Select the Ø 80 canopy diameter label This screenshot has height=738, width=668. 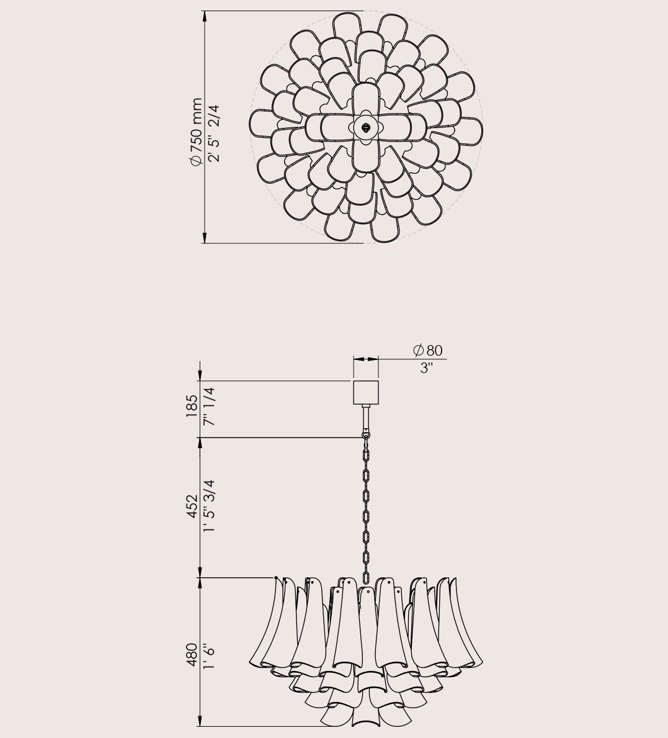point(427,350)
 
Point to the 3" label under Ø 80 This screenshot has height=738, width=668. point(426,368)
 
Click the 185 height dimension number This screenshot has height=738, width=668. point(192,406)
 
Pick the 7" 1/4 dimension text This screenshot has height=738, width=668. point(209,406)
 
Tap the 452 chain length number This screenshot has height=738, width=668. point(192,506)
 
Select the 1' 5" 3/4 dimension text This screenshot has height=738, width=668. point(209,506)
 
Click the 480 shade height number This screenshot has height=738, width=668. point(192,655)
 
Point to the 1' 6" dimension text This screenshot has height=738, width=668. point(209,656)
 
